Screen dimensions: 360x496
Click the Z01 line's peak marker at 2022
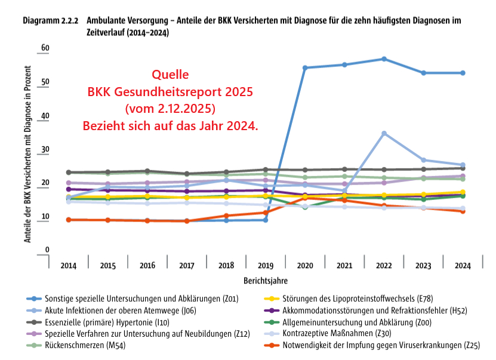coord(384,59)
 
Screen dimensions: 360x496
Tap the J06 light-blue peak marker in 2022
coord(384,133)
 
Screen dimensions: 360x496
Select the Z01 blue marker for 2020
coord(305,67)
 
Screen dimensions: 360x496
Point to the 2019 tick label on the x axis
coord(265,265)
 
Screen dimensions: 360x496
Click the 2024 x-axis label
coord(463,265)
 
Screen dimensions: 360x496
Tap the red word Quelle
coord(170,75)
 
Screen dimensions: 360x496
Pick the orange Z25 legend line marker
coord(270,345)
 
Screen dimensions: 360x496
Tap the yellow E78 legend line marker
coord(270,299)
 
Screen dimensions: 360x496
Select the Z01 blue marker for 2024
coord(463,73)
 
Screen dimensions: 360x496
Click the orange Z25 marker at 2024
coord(463,211)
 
